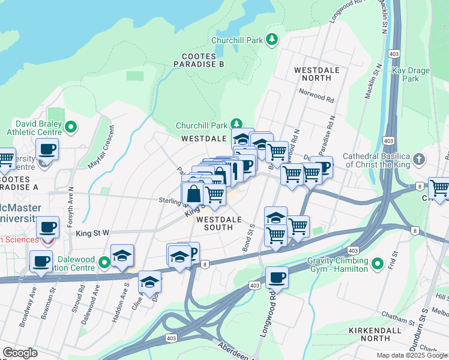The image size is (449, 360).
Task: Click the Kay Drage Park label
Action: [411, 74]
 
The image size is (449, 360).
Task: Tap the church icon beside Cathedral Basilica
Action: [419, 160]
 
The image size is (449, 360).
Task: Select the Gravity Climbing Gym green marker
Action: [378, 263]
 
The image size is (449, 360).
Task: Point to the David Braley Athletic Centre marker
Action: [71, 127]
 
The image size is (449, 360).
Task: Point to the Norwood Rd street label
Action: [319, 96]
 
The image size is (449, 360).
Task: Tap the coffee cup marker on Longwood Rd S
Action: [277, 277]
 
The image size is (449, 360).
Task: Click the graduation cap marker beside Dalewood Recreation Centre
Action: [121, 255]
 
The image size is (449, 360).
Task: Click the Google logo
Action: [20, 353]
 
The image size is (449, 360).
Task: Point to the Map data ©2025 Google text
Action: [411, 355]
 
